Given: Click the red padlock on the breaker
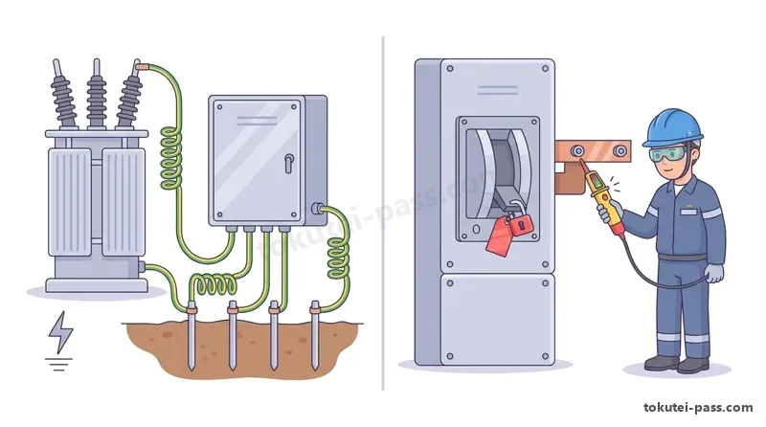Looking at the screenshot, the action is (520, 223).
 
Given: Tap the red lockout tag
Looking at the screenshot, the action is (499, 236).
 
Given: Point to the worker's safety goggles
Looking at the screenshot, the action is (665, 154).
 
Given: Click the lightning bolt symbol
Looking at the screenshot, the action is (60, 332).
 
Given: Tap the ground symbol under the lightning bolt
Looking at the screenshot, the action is (58, 365).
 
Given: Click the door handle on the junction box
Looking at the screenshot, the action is (289, 164).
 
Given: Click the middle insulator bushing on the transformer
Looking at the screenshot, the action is (97, 95).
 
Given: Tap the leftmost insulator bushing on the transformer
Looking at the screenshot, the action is (63, 95).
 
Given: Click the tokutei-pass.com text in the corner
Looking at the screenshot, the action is (698, 408).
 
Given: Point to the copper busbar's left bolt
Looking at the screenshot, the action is (578, 150).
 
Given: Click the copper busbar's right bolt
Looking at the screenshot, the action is (620, 151).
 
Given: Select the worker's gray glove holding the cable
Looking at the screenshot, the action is (714, 273).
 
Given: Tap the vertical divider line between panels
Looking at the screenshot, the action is (383, 213).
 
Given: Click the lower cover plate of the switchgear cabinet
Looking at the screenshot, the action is (498, 320).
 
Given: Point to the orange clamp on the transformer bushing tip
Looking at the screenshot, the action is (143, 66).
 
